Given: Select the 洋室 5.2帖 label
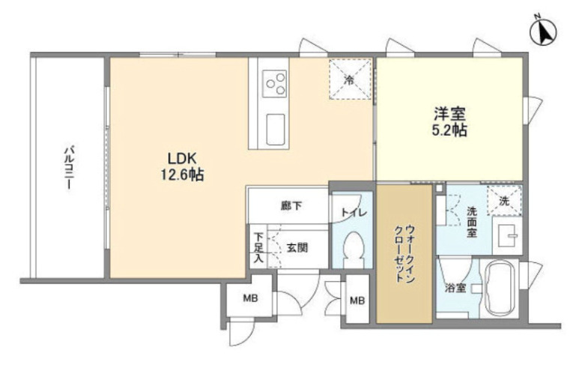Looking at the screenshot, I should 449,122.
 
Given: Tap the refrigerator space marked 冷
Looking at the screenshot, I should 350,77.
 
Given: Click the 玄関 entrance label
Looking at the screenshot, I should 296,247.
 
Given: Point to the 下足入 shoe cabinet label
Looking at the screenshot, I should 257,247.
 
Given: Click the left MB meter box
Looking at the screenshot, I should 248,298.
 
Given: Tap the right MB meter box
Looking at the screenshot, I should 357,300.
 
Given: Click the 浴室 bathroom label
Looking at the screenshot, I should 455,287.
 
